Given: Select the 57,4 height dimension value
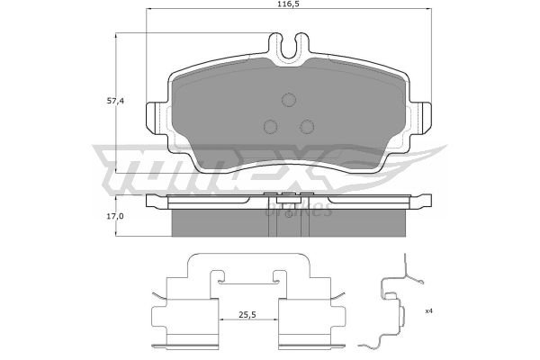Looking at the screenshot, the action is [x=115, y=102].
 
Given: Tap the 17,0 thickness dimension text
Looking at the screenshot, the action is [x=115, y=216].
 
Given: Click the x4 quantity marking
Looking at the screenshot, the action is [x=428, y=311].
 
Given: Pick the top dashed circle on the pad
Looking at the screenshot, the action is [x=289, y=100].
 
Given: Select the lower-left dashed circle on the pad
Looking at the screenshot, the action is [x=270, y=126].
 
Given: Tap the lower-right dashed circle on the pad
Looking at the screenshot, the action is [x=307, y=126].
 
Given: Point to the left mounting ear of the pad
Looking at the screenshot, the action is [x=157, y=118].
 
